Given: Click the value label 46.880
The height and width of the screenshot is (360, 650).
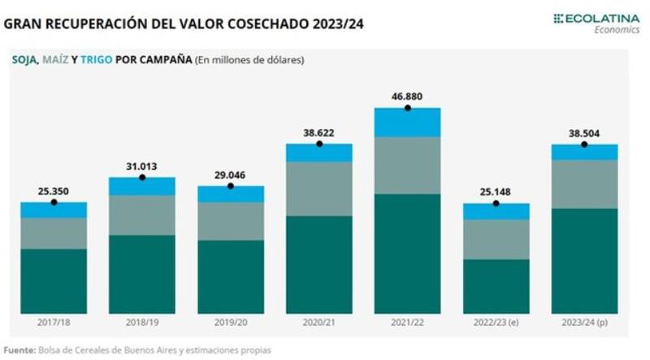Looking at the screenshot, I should [x=406, y=95].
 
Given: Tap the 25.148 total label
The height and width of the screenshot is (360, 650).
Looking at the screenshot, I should [x=496, y=192].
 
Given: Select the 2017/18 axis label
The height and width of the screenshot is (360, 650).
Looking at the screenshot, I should [x=53, y=323].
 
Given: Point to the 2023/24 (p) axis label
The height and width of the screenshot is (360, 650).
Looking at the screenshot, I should [x=584, y=323].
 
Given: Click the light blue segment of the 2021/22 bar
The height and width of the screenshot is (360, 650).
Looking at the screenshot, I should [x=407, y=122].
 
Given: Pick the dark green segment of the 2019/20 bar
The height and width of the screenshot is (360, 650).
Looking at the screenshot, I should [x=230, y=276].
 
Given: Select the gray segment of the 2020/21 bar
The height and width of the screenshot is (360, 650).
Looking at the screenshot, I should [x=318, y=189].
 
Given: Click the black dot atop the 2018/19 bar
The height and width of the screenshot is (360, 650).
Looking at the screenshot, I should [x=141, y=177].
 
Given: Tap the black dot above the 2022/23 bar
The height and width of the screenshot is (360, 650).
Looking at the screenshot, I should [x=496, y=203].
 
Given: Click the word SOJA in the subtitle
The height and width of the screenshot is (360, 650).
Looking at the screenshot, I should [x=24, y=59].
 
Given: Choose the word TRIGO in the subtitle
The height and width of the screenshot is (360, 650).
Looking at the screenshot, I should [x=110, y=59].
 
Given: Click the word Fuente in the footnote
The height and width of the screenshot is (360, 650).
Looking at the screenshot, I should [x=19, y=349].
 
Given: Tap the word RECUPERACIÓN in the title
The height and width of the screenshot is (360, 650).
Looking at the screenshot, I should [x=101, y=24].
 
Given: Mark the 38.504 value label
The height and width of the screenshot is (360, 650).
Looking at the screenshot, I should [x=584, y=132].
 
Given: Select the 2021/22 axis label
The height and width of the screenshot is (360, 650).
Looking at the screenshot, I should [x=407, y=323].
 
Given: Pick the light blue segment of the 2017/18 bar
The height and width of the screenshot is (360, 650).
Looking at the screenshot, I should [x=53, y=210].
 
